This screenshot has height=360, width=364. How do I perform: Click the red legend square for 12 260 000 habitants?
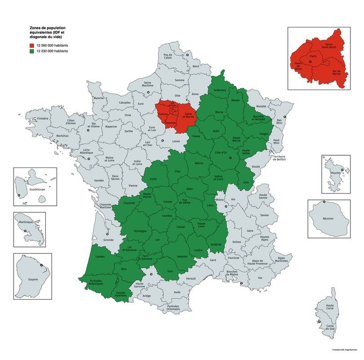[31, 46]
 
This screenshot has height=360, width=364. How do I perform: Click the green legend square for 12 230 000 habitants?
[31, 52]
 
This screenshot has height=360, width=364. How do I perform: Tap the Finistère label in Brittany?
[42, 118]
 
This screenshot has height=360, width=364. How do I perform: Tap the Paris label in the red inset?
[313, 56]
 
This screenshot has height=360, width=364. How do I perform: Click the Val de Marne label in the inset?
[335, 73]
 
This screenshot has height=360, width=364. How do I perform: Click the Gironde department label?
[108, 240]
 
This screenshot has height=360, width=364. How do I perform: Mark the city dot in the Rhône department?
[221, 207]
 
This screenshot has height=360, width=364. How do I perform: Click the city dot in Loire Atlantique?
[89, 159]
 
